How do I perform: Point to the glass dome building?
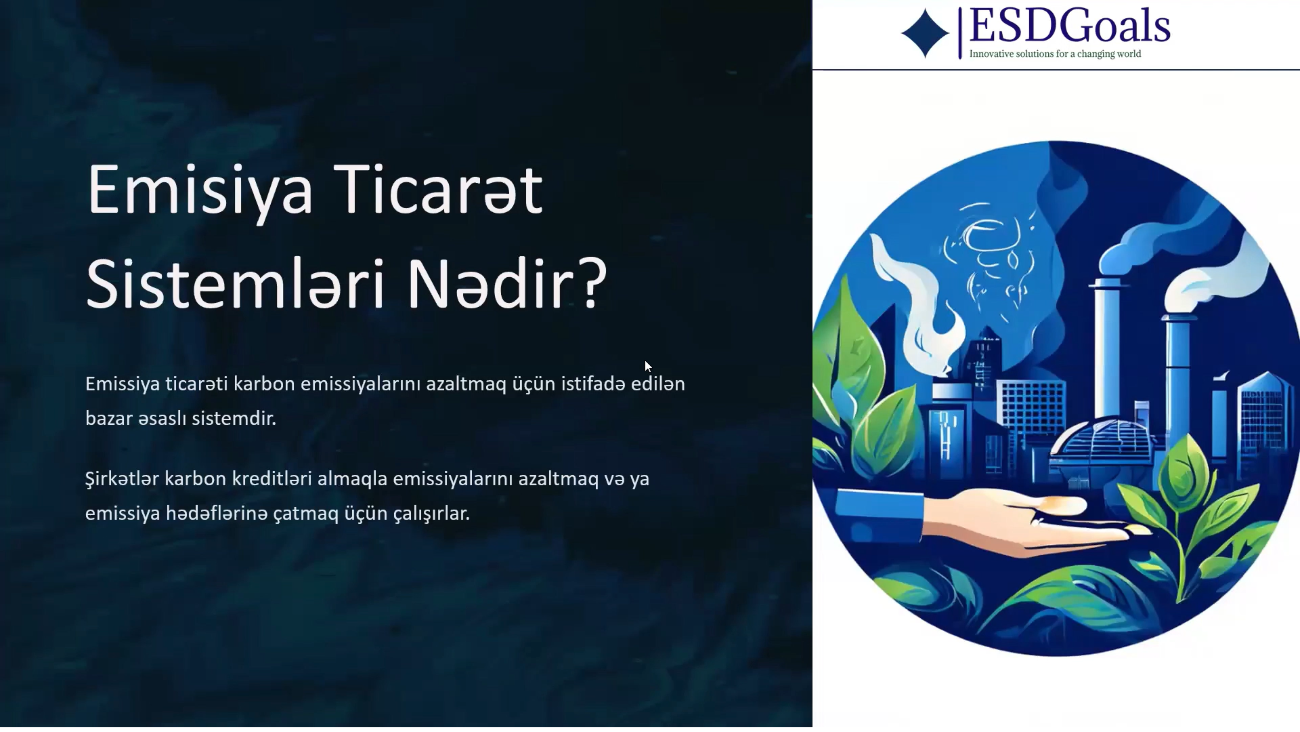point(1105,439)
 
